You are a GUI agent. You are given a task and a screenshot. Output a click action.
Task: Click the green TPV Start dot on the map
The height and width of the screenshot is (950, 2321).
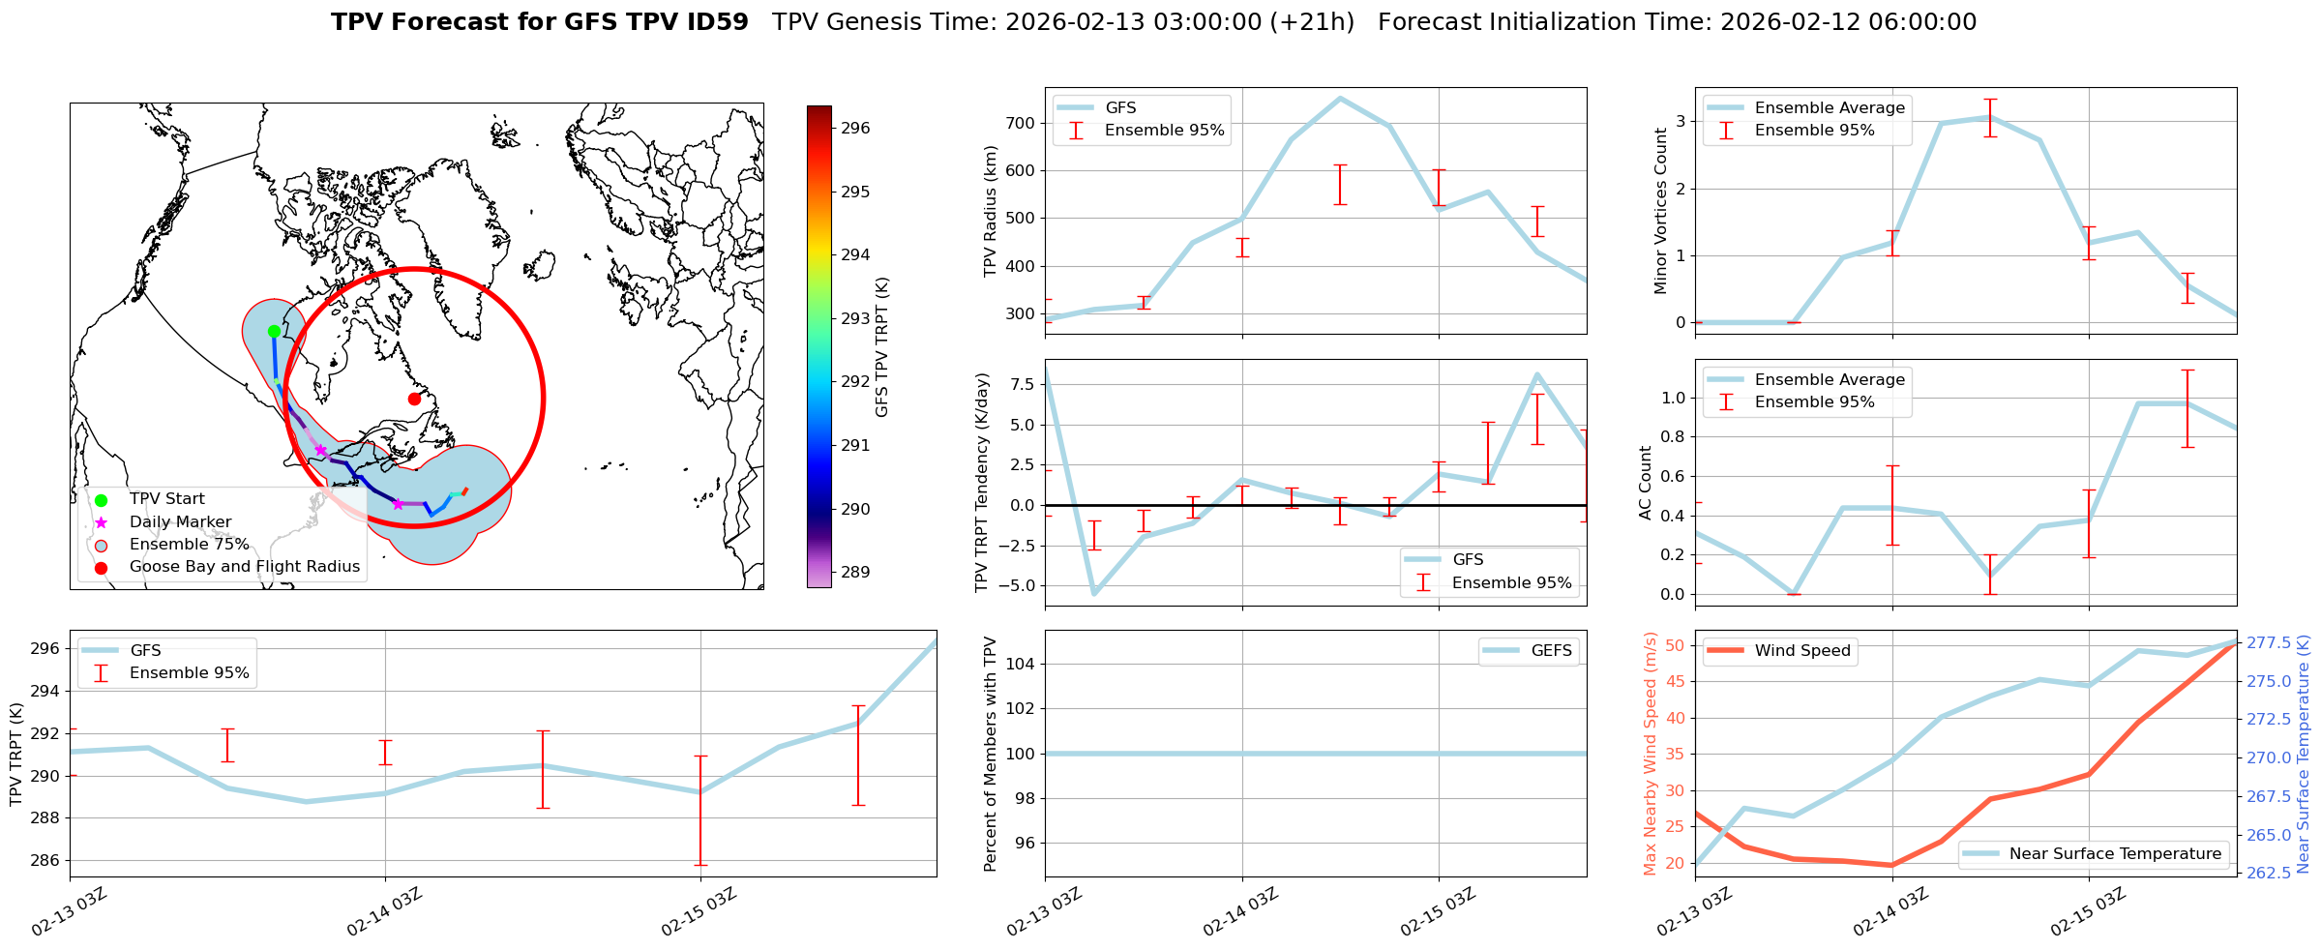(274, 332)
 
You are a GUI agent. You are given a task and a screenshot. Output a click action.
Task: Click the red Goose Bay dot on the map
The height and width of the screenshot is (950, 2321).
(414, 399)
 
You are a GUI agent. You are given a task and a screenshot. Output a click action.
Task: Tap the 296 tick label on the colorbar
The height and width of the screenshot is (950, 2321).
(855, 128)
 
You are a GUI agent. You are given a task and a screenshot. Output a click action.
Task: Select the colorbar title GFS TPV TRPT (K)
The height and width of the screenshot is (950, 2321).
(881, 347)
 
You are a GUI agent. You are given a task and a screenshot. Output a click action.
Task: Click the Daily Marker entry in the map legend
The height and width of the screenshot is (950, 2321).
(180, 522)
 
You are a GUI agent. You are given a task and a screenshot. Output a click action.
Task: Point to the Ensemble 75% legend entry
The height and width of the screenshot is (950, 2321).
(189, 545)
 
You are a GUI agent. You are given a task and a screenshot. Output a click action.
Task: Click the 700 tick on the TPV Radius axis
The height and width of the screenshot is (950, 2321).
(1021, 124)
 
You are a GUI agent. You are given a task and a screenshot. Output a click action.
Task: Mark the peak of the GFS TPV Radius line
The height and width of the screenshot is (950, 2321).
(1340, 98)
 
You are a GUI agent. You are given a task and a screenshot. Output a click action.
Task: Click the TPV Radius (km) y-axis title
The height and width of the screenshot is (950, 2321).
(990, 211)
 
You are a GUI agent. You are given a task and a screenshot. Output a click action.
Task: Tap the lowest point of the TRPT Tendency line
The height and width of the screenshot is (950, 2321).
(1094, 594)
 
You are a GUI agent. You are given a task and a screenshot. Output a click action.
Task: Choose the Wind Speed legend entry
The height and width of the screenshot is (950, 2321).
(1801, 651)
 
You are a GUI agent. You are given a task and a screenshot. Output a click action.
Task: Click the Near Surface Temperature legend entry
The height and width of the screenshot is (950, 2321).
(2115, 854)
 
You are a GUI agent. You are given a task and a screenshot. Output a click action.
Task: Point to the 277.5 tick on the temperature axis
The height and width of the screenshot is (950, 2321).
(2274, 643)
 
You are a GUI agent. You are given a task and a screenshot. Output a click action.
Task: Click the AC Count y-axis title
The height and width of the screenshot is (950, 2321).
(1646, 483)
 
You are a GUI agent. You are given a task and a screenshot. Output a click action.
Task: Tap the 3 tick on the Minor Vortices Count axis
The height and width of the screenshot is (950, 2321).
(1681, 122)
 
